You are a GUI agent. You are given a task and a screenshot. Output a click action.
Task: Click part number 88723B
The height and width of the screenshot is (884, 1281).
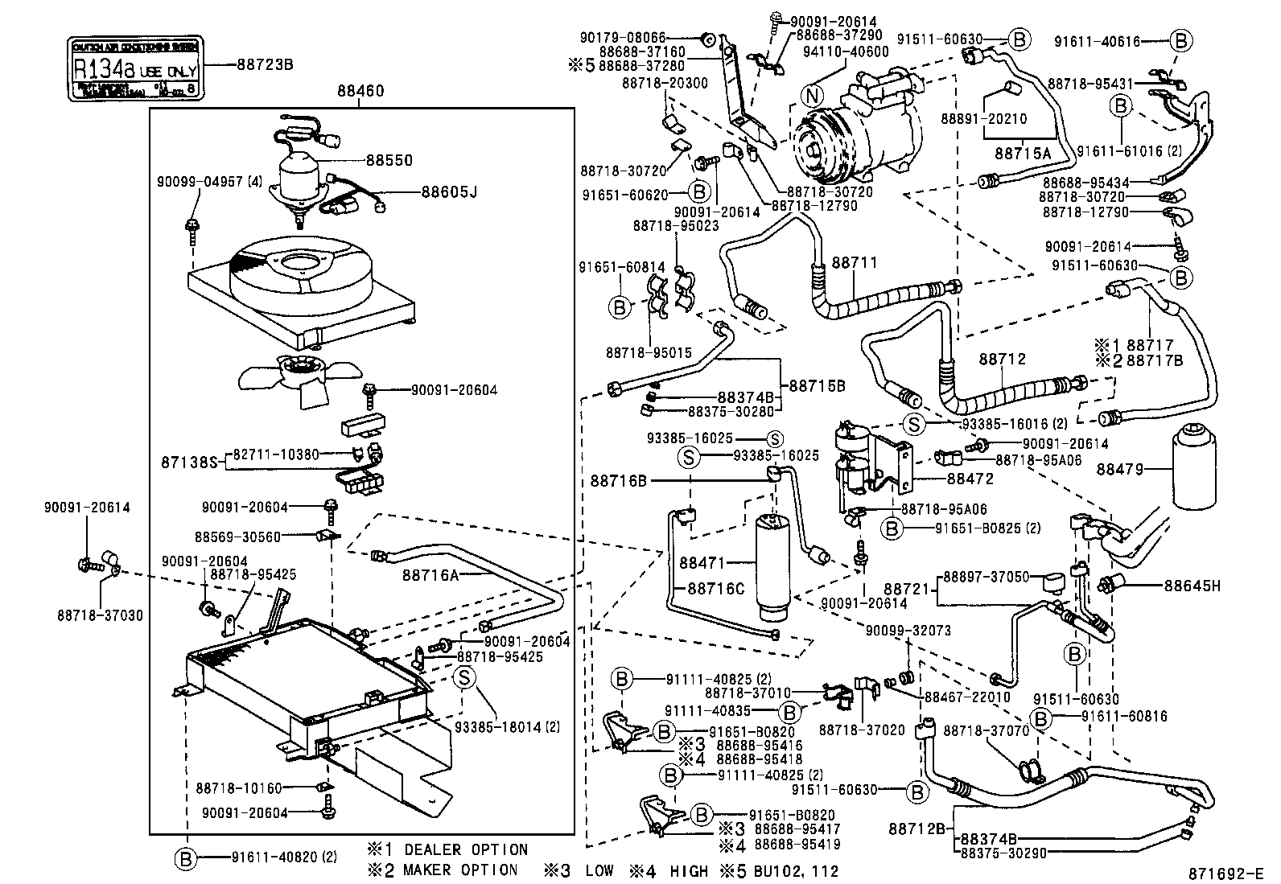tap(264, 64)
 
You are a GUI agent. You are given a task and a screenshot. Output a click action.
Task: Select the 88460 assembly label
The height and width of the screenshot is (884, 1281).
tap(360, 93)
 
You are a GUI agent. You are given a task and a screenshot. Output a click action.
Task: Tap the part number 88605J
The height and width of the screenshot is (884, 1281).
tap(449, 192)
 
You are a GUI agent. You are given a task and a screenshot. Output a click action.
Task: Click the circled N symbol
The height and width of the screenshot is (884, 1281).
tap(813, 95)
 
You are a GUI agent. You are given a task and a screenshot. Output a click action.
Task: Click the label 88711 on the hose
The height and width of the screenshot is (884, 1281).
tap(855, 263)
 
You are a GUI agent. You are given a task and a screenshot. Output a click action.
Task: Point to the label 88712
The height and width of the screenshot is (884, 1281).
tap(1003, 359)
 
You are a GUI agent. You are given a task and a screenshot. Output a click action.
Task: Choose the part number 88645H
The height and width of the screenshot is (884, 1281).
tap(1192, 586)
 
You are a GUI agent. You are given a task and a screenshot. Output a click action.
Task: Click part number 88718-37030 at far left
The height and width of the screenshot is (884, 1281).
tap(100, 615)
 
